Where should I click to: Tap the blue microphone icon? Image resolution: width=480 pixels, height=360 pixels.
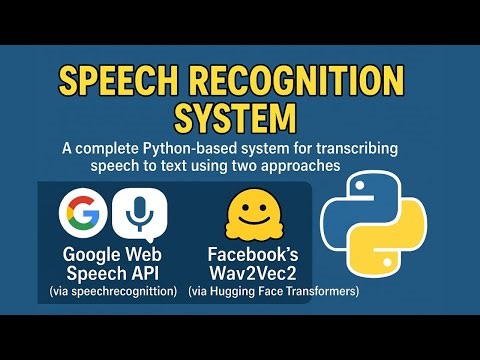[138, 212]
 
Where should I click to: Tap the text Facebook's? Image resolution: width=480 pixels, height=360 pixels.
[253, 254]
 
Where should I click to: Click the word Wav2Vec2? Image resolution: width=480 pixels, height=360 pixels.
[253, 273]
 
